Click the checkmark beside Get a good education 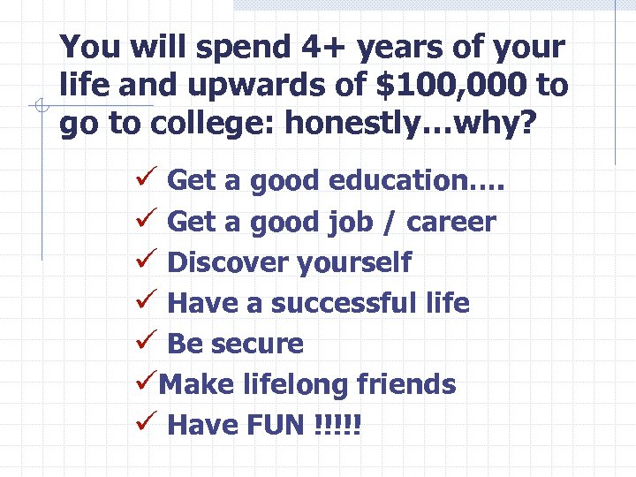click(x=147, y=179)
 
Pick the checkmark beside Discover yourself click(x=147, y=261)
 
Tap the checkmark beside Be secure click(x=147, y=342)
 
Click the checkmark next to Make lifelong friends click(x=147, y=382)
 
